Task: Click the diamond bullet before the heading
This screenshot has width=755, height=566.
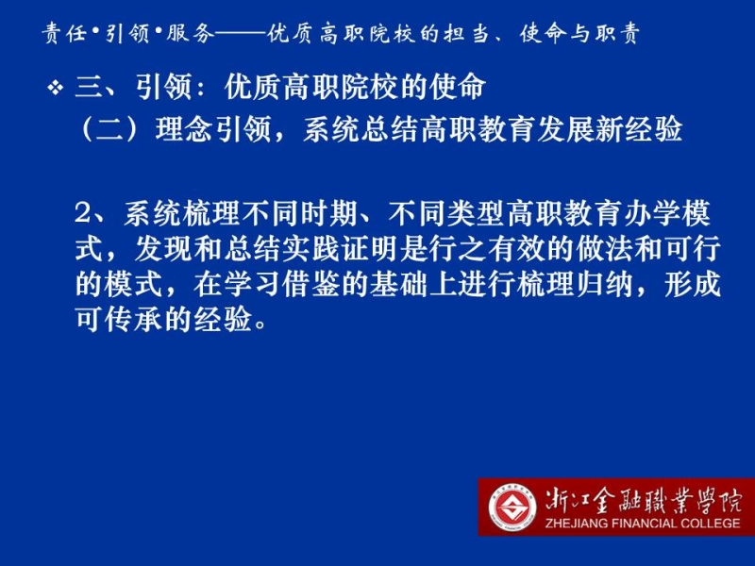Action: click(x=56, y=88)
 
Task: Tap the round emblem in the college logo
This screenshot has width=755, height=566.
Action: click(x=512, y=508)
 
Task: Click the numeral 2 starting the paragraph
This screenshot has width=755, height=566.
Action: click(x=83, y=213)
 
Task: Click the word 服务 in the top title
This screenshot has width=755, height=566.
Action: click(x=191, y=34)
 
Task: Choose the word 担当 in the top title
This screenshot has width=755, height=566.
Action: click(x=466, y=34)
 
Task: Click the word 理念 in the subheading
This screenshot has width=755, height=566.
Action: click(x=183, y=129)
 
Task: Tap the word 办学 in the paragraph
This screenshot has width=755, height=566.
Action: click(x=652, y=213)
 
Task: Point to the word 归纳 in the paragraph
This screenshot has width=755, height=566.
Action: click(x=604, y=284)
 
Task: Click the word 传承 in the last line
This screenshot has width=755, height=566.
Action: click(x=134, y=319)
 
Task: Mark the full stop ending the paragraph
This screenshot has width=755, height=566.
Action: click(x=260, y=325)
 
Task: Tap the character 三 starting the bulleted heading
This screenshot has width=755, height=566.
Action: click(x=90, y=88)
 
